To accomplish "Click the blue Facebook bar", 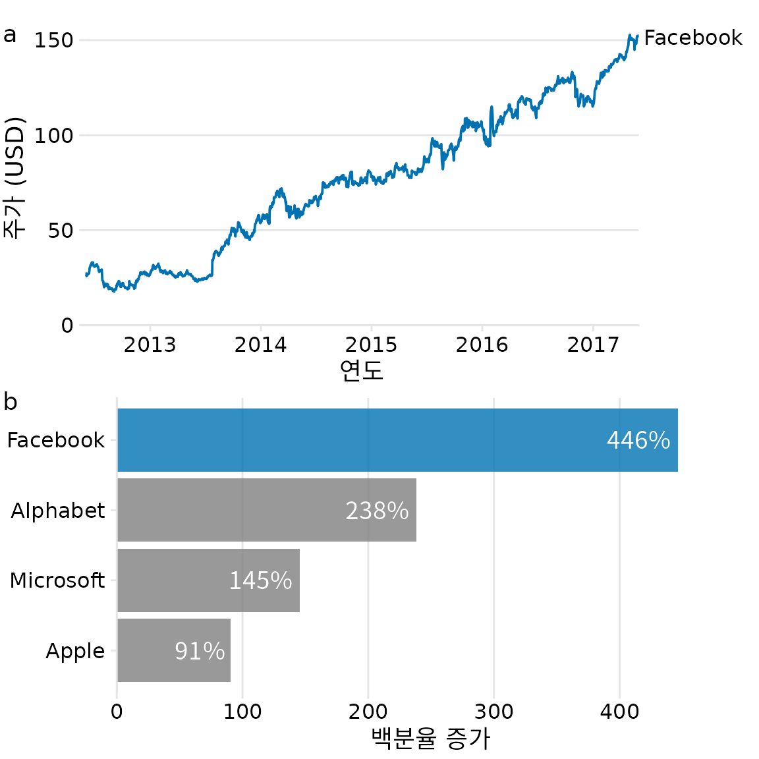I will pyautogui.click(x=395, y=440).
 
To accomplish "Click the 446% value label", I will pyautogui.click(x=638, y=440).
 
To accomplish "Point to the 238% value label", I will pyautogui.click(x=377, y=511).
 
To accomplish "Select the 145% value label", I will pyautogui.click(x=260, y=580).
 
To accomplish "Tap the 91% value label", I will pyautogui.click(x=200, y=651).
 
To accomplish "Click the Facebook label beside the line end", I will pyautogui.click(x=692, y=38).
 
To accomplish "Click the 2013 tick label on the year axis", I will pyautogui.click(x=150, y=345).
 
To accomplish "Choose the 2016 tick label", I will pyautogui.click(x=482, y=345).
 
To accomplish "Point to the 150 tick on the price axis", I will pyautogui.click(x=54, y=41).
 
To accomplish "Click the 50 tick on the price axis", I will pyautogui.click(x=60, y=231).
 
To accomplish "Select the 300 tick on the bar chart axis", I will pyautogui.click(x=493, y=712).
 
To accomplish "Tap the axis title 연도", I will pyautogui.click(x=361, y=371).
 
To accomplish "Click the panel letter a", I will pyautogui.click(x=9, y=35).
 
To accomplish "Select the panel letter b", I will pyautogui.click(x=10, y=401).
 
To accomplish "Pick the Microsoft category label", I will pyautogui.click(x=57, y=580).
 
